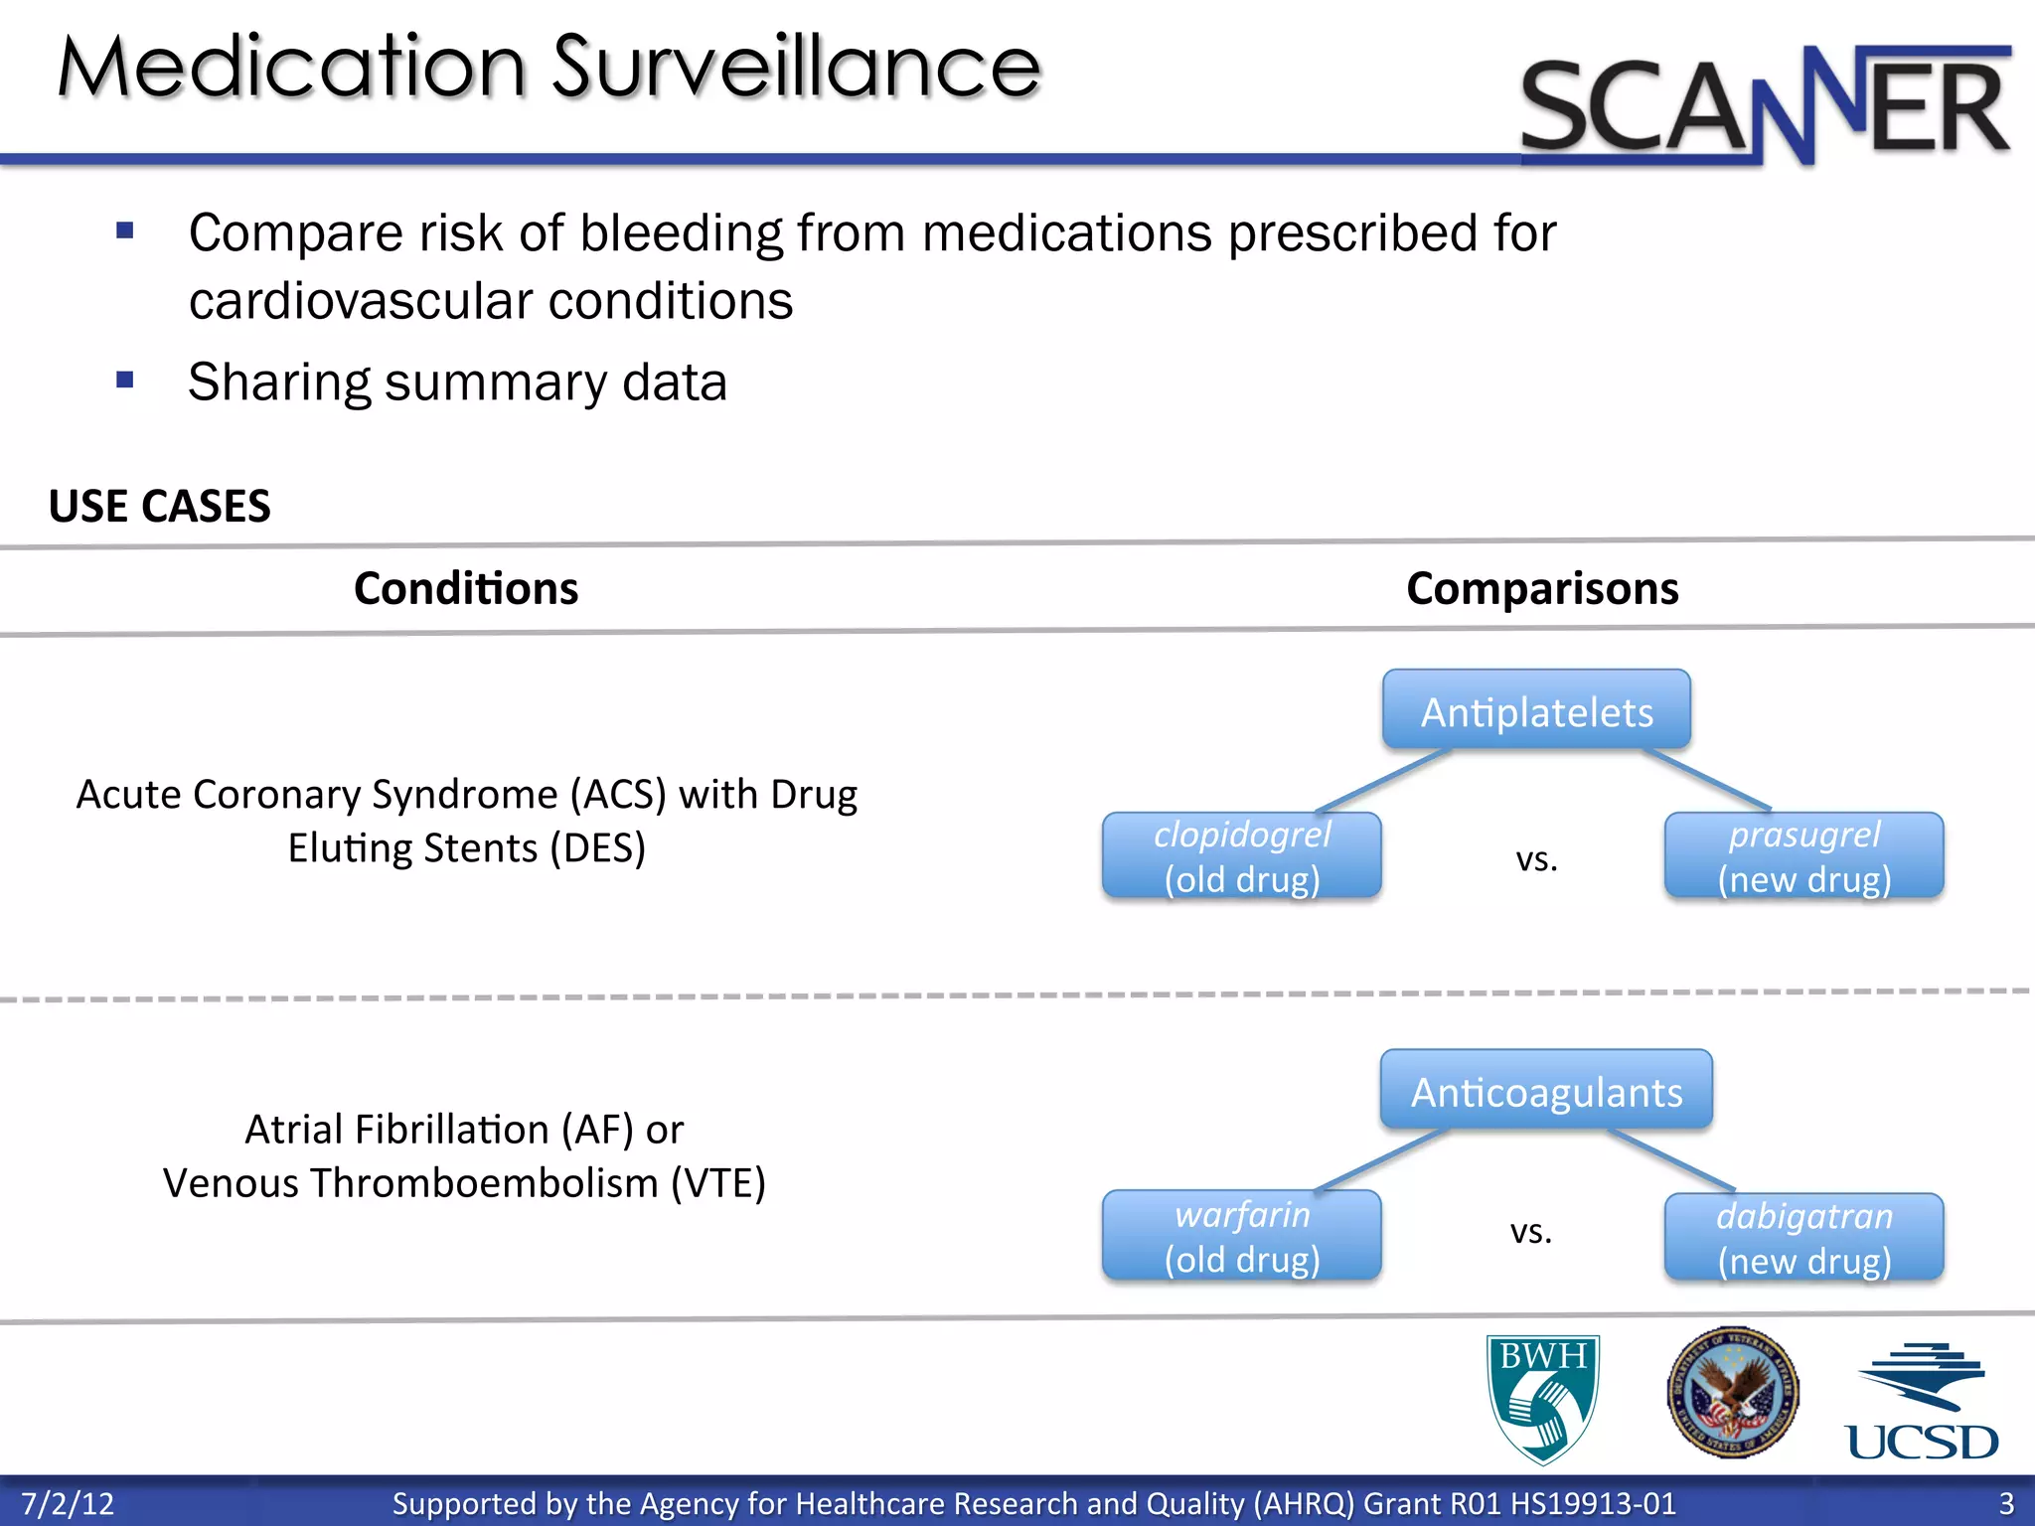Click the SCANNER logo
coord(1765,104)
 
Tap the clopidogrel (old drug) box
coord(1241,856)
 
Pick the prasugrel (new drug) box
coord(1803,856)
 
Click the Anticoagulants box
coord(1546,1090)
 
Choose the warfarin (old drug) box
coord(1241,1236)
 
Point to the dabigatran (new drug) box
coord(1803,1238)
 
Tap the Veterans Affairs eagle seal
coord(1732,1392)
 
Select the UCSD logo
coord(1922,1402)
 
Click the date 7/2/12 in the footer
coord(68,1503)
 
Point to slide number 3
coord(2006,1503)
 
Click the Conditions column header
coord(466,588)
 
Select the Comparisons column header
coord(1542,588)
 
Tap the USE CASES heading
coord(159,507)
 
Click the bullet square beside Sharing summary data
coord(125,380)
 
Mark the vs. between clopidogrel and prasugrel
coord(1536,859)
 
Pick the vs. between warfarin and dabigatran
coord(1531,1232)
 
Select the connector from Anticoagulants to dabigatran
coord(1673,1159)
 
